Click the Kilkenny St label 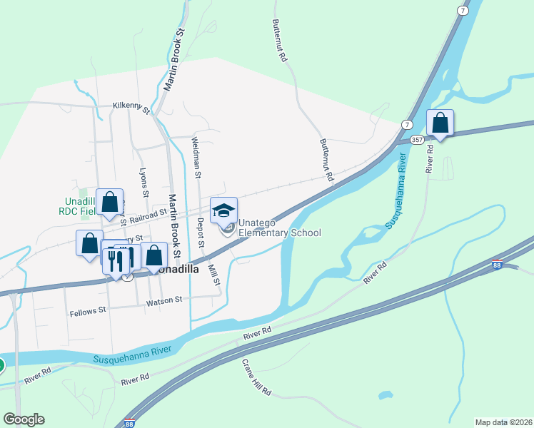tap(131, 108)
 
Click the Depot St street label tap(201, 233)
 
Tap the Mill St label tap(213, 272)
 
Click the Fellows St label tap(88, 311)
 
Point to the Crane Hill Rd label tap(256, 377)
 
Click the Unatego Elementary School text tap(279, 228)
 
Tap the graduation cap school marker tap(224, 210)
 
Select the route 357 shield tap(416, 141)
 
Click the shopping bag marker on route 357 tap(440, 124)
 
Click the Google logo tap(24, 419)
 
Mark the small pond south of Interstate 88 tap(386, 394)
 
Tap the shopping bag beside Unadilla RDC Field tap(109, 203)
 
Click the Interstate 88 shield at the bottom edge tap(129, 424)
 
